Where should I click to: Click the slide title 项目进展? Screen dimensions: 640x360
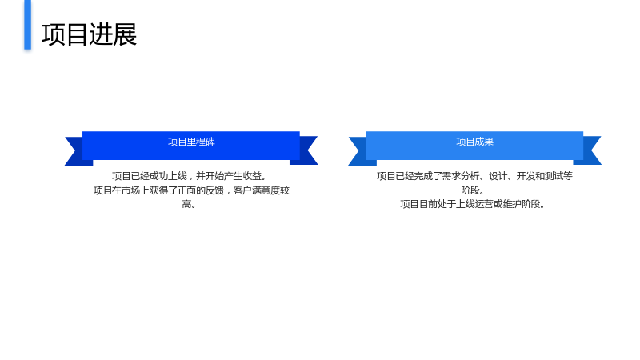tap(89, 34)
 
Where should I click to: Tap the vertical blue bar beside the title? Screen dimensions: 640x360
tap(28, 25)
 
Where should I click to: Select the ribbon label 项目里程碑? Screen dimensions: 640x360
tap(191, 142)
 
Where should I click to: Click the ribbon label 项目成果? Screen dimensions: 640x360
tap(474, 142)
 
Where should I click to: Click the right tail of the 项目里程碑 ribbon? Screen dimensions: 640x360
tap(307, 150)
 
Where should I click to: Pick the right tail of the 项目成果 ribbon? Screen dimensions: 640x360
tap(590, 150)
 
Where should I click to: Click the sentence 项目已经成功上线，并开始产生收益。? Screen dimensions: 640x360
tap(190, 176)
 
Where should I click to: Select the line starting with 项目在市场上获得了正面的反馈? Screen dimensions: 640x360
tap(191, 190)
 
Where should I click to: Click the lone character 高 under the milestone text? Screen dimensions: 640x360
tap(186, 204)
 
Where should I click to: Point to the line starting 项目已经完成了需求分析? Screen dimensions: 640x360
tap(474, 176)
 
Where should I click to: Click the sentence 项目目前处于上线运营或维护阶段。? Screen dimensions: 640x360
tap(473, 204)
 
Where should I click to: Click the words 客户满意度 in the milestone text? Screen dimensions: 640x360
tap(257, 190)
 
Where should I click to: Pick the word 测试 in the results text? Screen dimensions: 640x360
tap(554, 176)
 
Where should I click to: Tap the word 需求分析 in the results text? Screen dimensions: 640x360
tap(461, 176)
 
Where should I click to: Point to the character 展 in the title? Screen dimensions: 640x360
tap(125, 34)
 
